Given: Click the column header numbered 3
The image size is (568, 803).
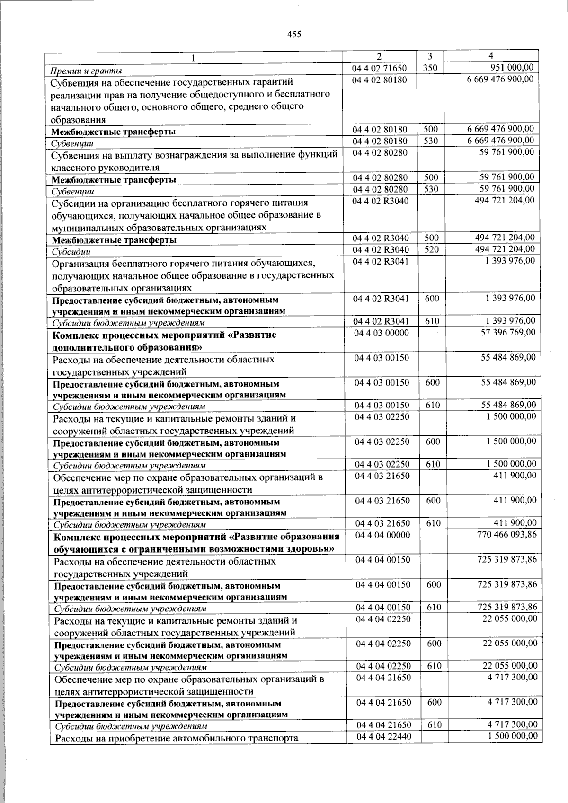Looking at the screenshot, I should pos(429,56).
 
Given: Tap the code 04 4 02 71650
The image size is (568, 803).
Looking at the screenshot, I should pos(380,68).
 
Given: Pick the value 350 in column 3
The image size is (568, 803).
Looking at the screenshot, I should pos(430,68).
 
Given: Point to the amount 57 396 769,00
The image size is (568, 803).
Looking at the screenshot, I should pos(508,333).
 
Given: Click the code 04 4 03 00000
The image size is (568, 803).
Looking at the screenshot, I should pos(382,333).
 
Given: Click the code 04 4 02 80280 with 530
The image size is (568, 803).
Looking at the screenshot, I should pos(380,189).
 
